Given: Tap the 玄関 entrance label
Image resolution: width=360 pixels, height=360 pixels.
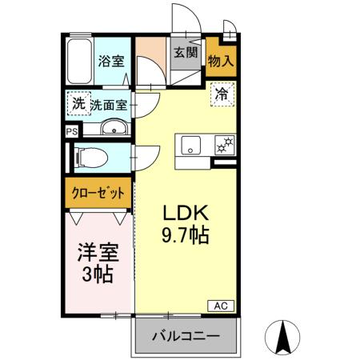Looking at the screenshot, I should point(185,54).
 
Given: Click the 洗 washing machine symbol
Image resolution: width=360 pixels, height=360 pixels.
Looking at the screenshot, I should point(78,103).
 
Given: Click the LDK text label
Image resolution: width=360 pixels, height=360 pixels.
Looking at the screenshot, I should point(186,214).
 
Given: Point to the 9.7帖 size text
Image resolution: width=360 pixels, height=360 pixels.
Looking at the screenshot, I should point(186,237).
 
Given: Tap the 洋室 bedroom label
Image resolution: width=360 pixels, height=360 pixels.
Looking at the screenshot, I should point(98,254).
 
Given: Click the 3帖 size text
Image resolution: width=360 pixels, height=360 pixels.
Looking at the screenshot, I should point(98,276).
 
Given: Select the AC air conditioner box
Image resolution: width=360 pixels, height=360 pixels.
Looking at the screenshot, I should point(222,305).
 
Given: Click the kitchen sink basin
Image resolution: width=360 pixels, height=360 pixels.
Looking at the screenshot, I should point(192,145).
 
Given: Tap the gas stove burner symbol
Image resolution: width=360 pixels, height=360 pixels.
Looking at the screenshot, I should point(225,144).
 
